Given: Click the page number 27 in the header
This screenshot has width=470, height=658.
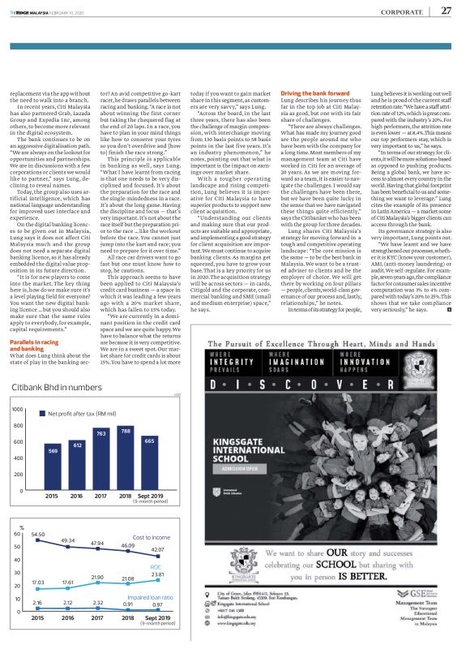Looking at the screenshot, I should [446, 11].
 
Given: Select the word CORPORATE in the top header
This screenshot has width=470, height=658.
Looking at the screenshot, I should [399, 11].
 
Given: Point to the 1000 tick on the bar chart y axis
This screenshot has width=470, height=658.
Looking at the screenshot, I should [15, 410].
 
